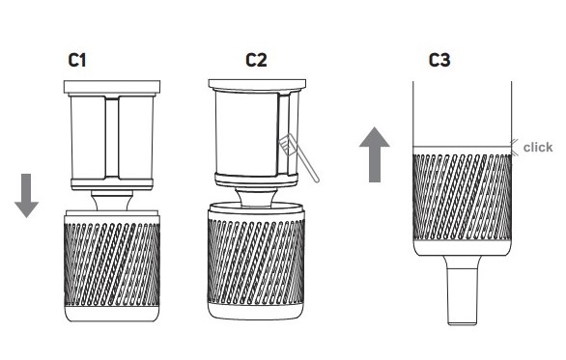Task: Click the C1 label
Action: tap(77, 60)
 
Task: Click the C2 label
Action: tap(256, 60)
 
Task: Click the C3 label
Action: tap(439, 60)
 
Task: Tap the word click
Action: tap(538, 147)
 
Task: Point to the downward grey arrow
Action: tap(26, 196)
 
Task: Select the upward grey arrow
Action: tap(375, 154)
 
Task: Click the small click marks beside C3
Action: tap(515, 147)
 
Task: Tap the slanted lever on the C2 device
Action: tap(298, 157)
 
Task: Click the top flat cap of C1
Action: tap(112, 87)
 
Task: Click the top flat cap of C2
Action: tap(257, 85)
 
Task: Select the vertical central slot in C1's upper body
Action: tap(112, 137)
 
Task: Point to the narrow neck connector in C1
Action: tap(112, 201)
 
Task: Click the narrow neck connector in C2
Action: tap(257, 197)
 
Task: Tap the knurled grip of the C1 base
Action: tap(112, 264)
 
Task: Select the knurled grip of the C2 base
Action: tap(256, 262)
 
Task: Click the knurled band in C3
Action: tap(462, 197)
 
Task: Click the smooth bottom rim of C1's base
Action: tap(112, 314)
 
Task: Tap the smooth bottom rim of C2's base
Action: tap(256, 312)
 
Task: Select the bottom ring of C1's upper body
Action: tap(112, 184)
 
